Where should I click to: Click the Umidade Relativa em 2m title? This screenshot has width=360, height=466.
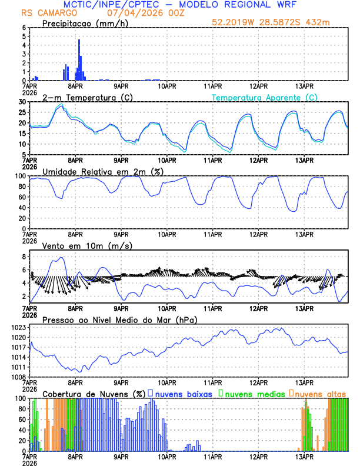pos(101,171)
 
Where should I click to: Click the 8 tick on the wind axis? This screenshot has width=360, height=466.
pos(25,257)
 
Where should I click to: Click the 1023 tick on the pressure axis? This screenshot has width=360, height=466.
pos(18,327)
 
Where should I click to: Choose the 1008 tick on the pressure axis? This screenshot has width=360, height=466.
pos(18,377)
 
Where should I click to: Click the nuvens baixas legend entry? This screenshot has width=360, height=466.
pos(183,394)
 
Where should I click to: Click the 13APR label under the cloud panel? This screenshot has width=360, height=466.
pos(304,456)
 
